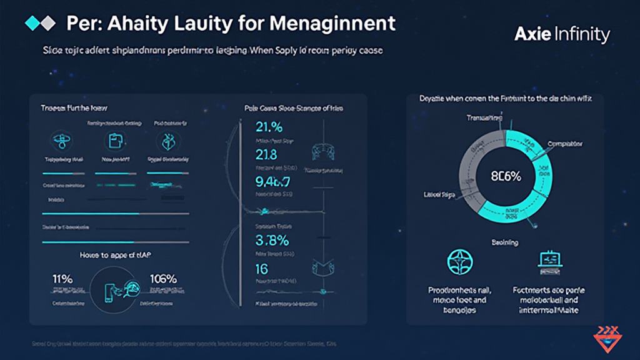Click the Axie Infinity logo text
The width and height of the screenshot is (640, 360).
pyautogui.click(x=561, y=35)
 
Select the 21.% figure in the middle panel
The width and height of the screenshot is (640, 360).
pyautogui.click(x=270, y=127)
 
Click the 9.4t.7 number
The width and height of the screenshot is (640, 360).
pyautogui.click(x=273, y=182)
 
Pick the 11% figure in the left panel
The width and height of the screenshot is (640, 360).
pyautogui.click(x=62, y=279)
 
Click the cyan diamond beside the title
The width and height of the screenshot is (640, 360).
pyautogui.click(x=31, y=23)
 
